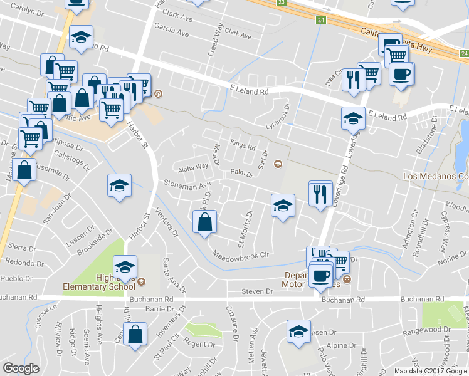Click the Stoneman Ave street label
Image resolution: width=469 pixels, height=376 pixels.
[x=187, y=185]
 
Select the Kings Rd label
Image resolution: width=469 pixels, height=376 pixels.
[x=243, y=147]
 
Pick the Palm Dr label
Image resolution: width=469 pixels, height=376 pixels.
[x=241, y=172]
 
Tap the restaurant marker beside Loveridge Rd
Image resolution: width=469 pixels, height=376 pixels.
[x=321, y=194]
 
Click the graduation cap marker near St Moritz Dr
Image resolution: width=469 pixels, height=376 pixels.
[x=283, y=205]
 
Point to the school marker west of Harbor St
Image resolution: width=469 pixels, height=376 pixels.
[x=119, y=185]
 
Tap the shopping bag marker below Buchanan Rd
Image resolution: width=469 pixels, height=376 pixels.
[x=135, y=334]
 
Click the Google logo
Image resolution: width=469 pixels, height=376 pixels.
[x=21, y=368]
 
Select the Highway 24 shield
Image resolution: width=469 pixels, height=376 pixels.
[x=321, y=21]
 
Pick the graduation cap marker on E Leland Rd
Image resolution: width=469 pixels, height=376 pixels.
[x=353, y=117]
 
